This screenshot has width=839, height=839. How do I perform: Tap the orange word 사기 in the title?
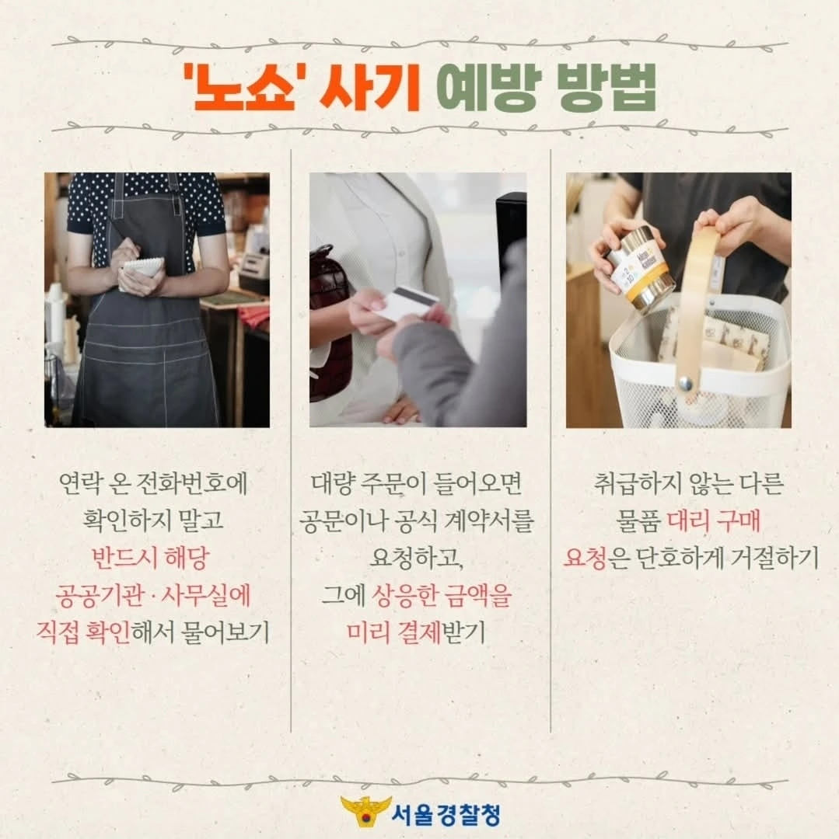369,87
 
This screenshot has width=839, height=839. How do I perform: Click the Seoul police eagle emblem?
365,813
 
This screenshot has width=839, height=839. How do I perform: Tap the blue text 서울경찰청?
446,814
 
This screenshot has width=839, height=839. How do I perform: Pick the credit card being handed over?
410,303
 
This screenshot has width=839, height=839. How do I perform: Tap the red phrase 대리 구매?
714,520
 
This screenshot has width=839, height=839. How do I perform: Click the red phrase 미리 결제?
393,632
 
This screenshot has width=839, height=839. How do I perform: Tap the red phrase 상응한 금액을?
442,596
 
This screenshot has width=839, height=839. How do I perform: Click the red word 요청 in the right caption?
585,558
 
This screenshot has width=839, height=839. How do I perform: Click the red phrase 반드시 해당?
151,558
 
